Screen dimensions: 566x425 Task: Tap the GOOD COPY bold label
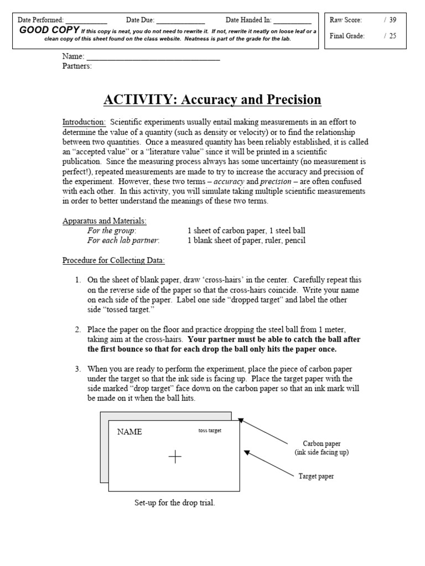pos(49,30)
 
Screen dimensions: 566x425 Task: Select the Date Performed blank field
pos(86,20)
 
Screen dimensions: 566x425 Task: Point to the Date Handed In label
pos(248,20)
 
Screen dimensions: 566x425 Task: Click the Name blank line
pos(153,57)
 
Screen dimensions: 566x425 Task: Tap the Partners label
pos(77,66)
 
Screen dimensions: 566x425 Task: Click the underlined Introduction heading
pos(84,122)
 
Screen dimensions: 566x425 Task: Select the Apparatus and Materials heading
pos(104,221)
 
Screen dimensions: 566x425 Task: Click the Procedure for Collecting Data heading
pos(113,260)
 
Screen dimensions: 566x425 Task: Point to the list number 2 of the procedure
pos(78,329)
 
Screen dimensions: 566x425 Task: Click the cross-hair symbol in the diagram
pos(175,456)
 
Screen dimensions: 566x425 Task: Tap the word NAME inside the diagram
pos(129,432)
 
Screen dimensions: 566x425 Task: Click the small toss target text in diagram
pos(209,431)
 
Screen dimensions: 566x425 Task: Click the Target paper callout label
pos(317,475)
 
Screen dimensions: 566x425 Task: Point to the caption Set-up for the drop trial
pos(174,503)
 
